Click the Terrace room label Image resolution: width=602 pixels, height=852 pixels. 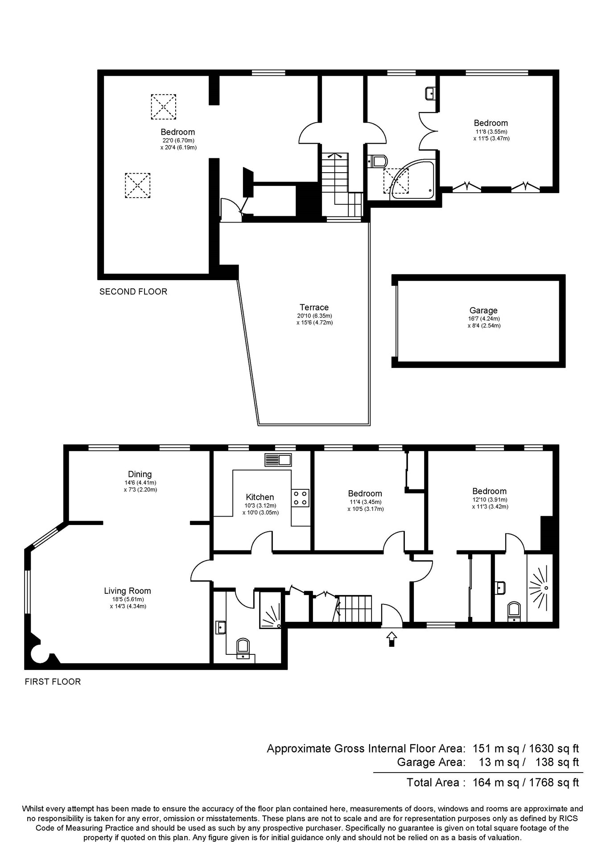pos(314,307)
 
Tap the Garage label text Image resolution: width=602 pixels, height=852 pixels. pos(483,310)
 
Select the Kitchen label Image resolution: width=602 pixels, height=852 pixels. pos(260,497)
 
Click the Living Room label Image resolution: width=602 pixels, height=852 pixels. pos(128,591)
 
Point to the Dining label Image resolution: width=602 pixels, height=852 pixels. pos(140,474)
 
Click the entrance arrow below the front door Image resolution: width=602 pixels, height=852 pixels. pos(392,638)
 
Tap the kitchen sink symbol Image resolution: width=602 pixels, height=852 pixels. pos(278,459)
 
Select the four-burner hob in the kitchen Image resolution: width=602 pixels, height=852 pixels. pos(301,498)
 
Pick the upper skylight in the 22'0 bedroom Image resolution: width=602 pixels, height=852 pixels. pos(163,107)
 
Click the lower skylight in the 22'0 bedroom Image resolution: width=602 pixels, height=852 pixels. pos(137,186)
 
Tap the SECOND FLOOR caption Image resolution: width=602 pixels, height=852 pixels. pos(133,292)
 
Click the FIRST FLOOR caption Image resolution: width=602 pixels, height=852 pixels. pos(53,682)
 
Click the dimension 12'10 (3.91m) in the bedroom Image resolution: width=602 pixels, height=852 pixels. pos(490,500)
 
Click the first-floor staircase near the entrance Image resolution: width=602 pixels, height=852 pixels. pos(353,608)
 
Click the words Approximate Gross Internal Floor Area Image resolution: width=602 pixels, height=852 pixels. pos(366,749)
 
